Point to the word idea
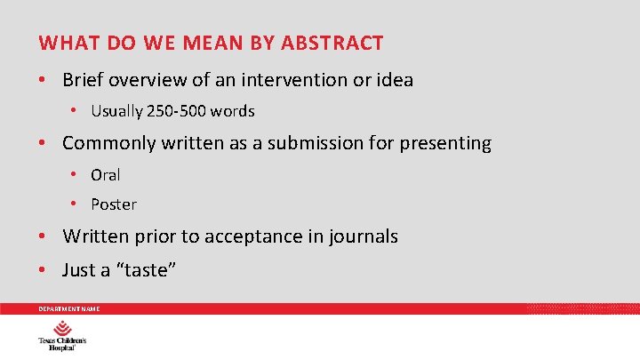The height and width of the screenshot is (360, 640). (x=395, y=80)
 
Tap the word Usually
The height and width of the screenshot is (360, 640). (x=116, y=112)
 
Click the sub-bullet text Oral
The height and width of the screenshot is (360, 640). (x=106, y=175)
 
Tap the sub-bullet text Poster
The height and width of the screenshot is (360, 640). (x=114, y=204)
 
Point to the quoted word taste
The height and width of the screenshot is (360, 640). (x=143, y=269)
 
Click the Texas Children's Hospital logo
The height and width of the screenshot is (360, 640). (x=61, y=338)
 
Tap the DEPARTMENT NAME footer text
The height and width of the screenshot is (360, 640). (x=68, y=308)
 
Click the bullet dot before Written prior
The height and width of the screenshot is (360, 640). (x=43, y=236)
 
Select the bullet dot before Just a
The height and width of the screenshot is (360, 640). (x=43, y=269)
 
